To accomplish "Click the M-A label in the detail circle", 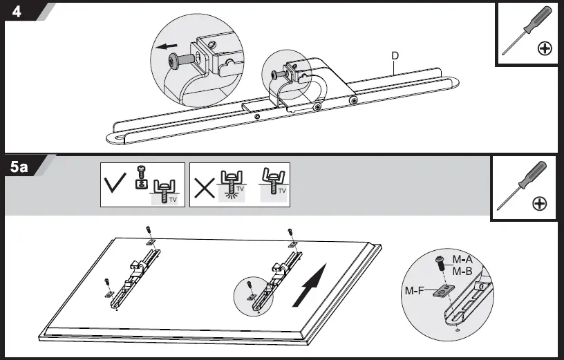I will point(462,259).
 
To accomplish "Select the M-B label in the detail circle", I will point(462,271).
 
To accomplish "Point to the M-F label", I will point(414,291).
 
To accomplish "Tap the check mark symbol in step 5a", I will point(115,185).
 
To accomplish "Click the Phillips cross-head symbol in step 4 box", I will point(545,48).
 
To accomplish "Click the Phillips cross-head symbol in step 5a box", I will point(540,204).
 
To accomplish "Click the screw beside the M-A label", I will point(441,265).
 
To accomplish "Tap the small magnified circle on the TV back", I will point(255,296).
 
